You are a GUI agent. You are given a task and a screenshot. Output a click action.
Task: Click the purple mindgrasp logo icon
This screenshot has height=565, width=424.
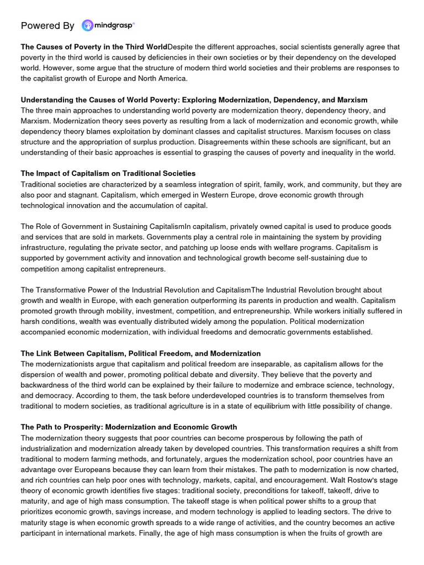click(x=87, y=25)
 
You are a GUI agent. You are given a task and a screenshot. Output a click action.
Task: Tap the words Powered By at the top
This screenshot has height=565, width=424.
click(x=47, y=26)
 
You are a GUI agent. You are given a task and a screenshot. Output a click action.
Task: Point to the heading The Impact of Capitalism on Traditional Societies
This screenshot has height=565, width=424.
click(x=108, y=174)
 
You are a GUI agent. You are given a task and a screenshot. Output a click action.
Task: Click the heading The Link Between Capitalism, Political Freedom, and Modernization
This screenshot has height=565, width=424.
click(x=140, y=353)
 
